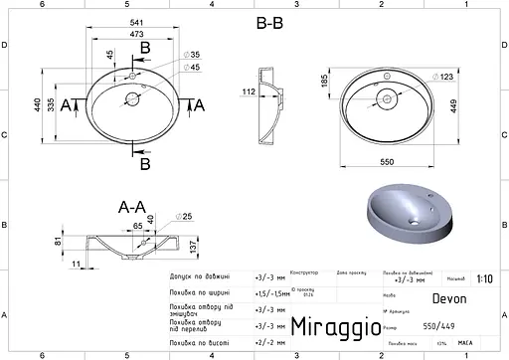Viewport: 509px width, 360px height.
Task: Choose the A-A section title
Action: pos(132,208)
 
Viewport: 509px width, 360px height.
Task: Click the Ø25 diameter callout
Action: pos(186,216)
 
